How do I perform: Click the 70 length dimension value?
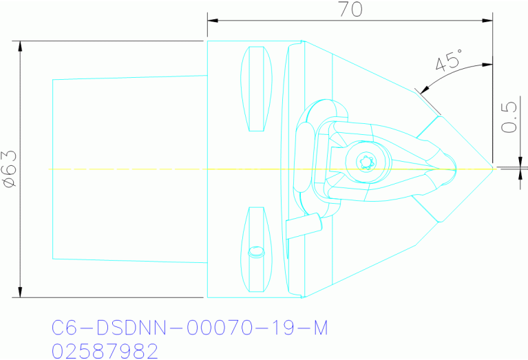[x=349, y=9]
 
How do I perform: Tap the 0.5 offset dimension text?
[x=510, y=118]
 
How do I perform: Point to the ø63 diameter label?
[x=10, y=169]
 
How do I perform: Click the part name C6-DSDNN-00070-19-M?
[x=189, y=328]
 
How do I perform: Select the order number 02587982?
[x=105, y=351]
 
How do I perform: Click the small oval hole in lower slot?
[x=255, y=252]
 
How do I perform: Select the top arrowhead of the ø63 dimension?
[x=21, y=46]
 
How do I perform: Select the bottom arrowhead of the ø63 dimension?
[x=21, y=293]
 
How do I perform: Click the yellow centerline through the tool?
[x=172, y=169]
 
